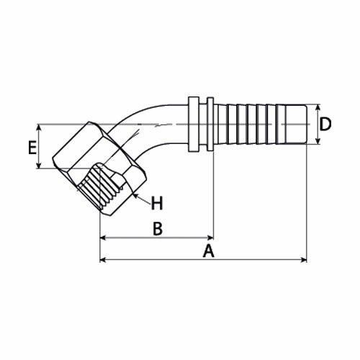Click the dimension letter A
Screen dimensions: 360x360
tap(208, 251)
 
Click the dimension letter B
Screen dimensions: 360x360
tap(158, 229)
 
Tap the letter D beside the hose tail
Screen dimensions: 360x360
tap(325, 124)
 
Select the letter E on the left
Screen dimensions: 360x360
tap(32, 148)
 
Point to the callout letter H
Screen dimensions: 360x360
tap(157, 203)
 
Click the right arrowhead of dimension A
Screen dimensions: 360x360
tap(304, 260)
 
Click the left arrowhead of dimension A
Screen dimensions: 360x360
tap(103, 260)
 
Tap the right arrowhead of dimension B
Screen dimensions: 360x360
tap(210, 238)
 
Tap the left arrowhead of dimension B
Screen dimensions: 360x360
tap(103, 238)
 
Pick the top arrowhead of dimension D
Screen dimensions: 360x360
tap(318, 108)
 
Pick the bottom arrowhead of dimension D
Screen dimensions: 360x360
tap(318, 141)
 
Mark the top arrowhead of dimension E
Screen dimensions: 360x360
tap(39, 127)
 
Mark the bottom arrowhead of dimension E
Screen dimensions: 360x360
tap(39, 165)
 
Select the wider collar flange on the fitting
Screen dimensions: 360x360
tap(194, 125)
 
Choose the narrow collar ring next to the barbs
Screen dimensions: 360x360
tap(210, 124)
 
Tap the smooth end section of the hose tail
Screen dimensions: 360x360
tap(296, 125)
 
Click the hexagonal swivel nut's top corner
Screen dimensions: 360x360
tap(89, 122)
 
